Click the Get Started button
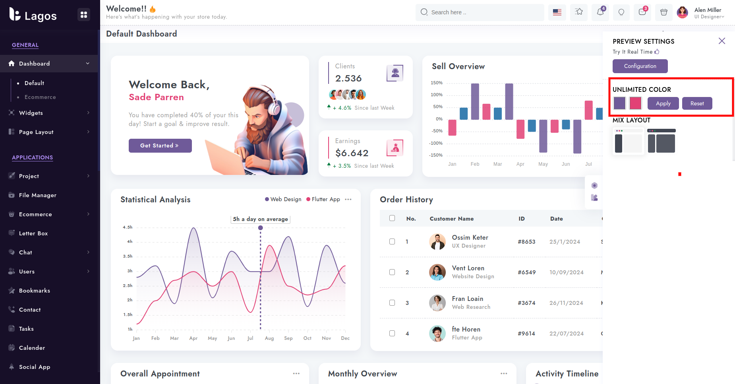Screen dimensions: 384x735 (x=160, y=145)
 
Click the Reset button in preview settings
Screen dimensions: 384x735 (x=697, y=103)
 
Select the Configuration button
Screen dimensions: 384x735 (x=640, y=66)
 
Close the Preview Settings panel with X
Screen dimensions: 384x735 (x=721, y=41)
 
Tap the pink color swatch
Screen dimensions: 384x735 (x=635, y=103)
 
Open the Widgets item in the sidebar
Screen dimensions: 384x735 (x=31, y=113)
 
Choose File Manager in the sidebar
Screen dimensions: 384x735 (x=38, y=195)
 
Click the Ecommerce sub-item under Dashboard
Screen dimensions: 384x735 (x=40, y=97)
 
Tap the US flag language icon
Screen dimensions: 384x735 (x=557, y=12)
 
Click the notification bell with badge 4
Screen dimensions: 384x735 (x=600, y=12)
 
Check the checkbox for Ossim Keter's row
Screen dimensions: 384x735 (x=392, y=241)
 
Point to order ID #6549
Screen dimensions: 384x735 (x=526, y=272)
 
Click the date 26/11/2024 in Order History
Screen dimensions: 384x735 (x=566, y=303)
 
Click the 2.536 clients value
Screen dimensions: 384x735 (x=348, y=78)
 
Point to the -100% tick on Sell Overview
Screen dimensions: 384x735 (x=437, y=143)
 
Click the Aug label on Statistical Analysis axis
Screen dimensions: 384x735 (x=269, y=338)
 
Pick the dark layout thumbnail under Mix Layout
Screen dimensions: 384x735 (x=661, y=141)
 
